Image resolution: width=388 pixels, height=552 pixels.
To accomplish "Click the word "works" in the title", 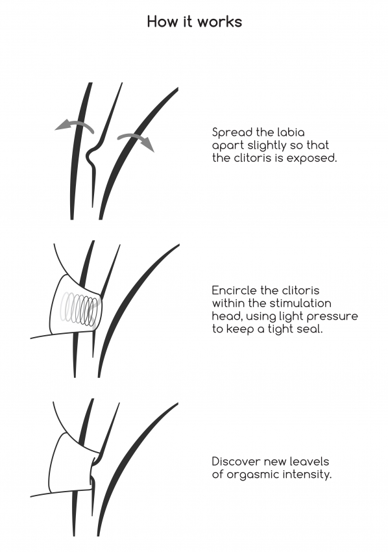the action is [x=219, y=21].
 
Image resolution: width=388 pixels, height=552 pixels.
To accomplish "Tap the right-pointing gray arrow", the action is [x=136, y=141].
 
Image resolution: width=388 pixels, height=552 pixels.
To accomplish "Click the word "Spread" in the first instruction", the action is [x=232, y=132].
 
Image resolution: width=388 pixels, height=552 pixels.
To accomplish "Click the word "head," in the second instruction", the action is [x=227, y=316].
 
